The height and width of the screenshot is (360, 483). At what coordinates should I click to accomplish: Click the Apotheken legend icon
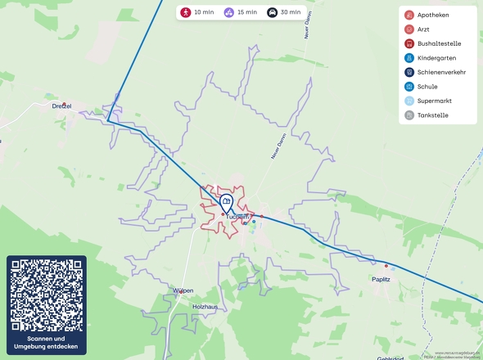(409, 15)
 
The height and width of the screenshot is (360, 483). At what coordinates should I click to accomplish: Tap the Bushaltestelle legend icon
(409, 43)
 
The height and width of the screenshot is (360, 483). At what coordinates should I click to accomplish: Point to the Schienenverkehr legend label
(441, 72)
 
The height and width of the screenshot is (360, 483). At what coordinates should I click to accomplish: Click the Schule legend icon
(409, 87)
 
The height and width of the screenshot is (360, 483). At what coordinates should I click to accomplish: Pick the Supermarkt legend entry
(434, 101)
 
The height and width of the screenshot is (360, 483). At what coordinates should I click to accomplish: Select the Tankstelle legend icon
(409, 115)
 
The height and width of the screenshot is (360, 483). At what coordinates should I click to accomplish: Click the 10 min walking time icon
(186, 12)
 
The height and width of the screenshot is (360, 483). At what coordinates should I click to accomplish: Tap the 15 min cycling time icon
(228, 12)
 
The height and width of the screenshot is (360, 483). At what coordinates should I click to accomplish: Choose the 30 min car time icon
(272, 12)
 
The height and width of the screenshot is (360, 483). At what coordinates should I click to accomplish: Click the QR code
(47, 295)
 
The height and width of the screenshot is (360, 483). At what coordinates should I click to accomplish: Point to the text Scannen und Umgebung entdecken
(47, 343)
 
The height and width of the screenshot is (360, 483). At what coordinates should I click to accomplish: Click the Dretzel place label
(61, 106)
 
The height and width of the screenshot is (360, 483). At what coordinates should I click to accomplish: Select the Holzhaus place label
(204, 306)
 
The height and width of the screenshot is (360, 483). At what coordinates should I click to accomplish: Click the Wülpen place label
(183, 290)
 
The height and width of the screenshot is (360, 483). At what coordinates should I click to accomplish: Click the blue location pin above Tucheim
(226, 201)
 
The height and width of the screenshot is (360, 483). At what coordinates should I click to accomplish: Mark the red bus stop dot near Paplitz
(386, 266)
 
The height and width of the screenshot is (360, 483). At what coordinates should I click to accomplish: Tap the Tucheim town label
(237, 217)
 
